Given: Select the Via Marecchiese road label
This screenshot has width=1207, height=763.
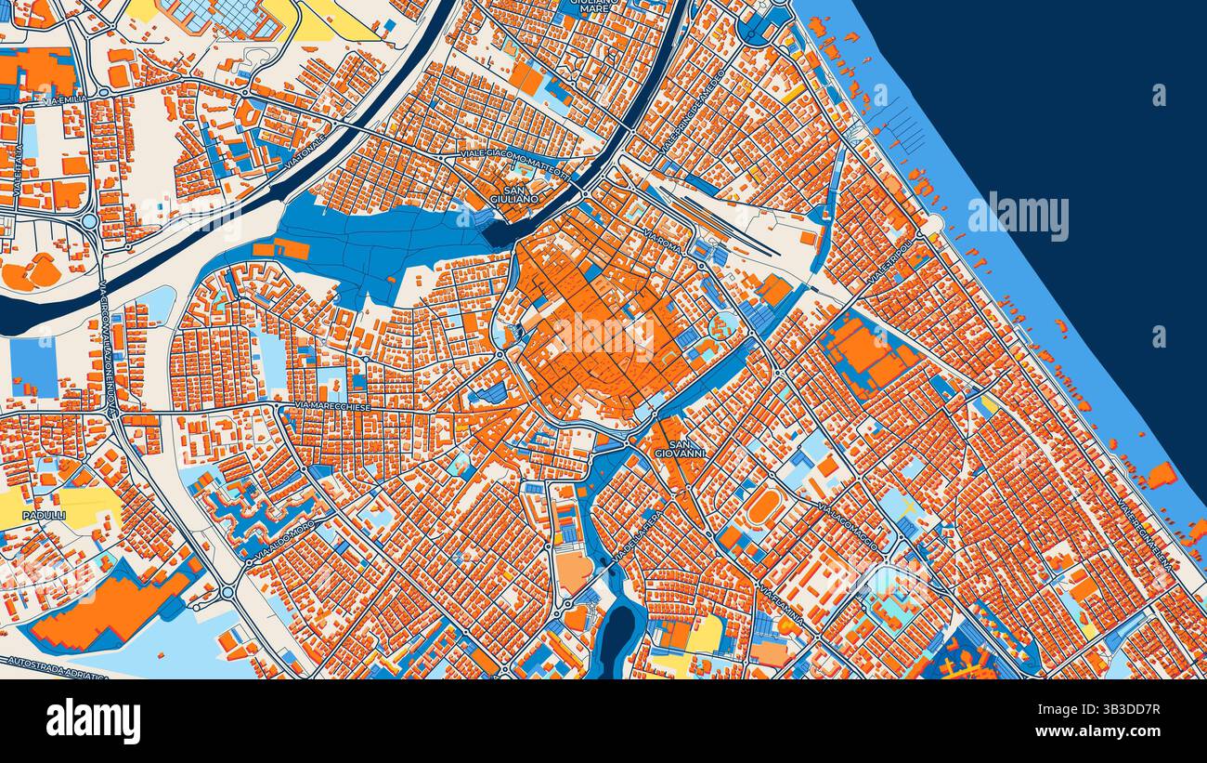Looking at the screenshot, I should [x=333, y=406].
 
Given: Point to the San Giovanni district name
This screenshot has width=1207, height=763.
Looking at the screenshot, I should [x=680, y=449].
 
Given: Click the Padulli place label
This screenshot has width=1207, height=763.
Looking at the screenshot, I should [x=44, y=514].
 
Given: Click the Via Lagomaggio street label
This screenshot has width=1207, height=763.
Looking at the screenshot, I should [x=848, y=526].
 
